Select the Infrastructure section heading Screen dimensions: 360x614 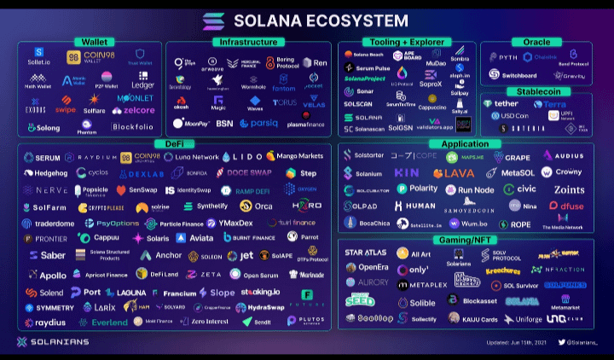point(247,42)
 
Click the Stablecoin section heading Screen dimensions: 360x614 point(537,91)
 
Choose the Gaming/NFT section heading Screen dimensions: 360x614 point(466,241)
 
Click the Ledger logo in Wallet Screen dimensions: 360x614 point(142,85)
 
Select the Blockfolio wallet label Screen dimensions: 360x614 point(132,127)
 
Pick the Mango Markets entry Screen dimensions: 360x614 point(295,157)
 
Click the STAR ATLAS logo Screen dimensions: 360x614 point(365,253)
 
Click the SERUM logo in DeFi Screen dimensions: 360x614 point(42,158)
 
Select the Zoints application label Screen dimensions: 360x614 point(569,189)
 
